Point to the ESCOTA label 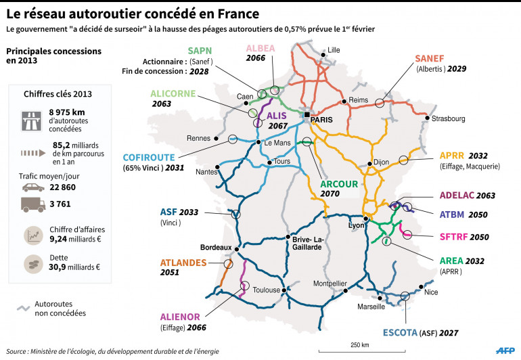click(x=402, y=333)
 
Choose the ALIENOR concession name click(x=179, y=315)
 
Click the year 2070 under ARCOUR click(x=331, y=193)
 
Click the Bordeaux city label click(x=216, y=248)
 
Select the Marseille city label click(x=370, y=306)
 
